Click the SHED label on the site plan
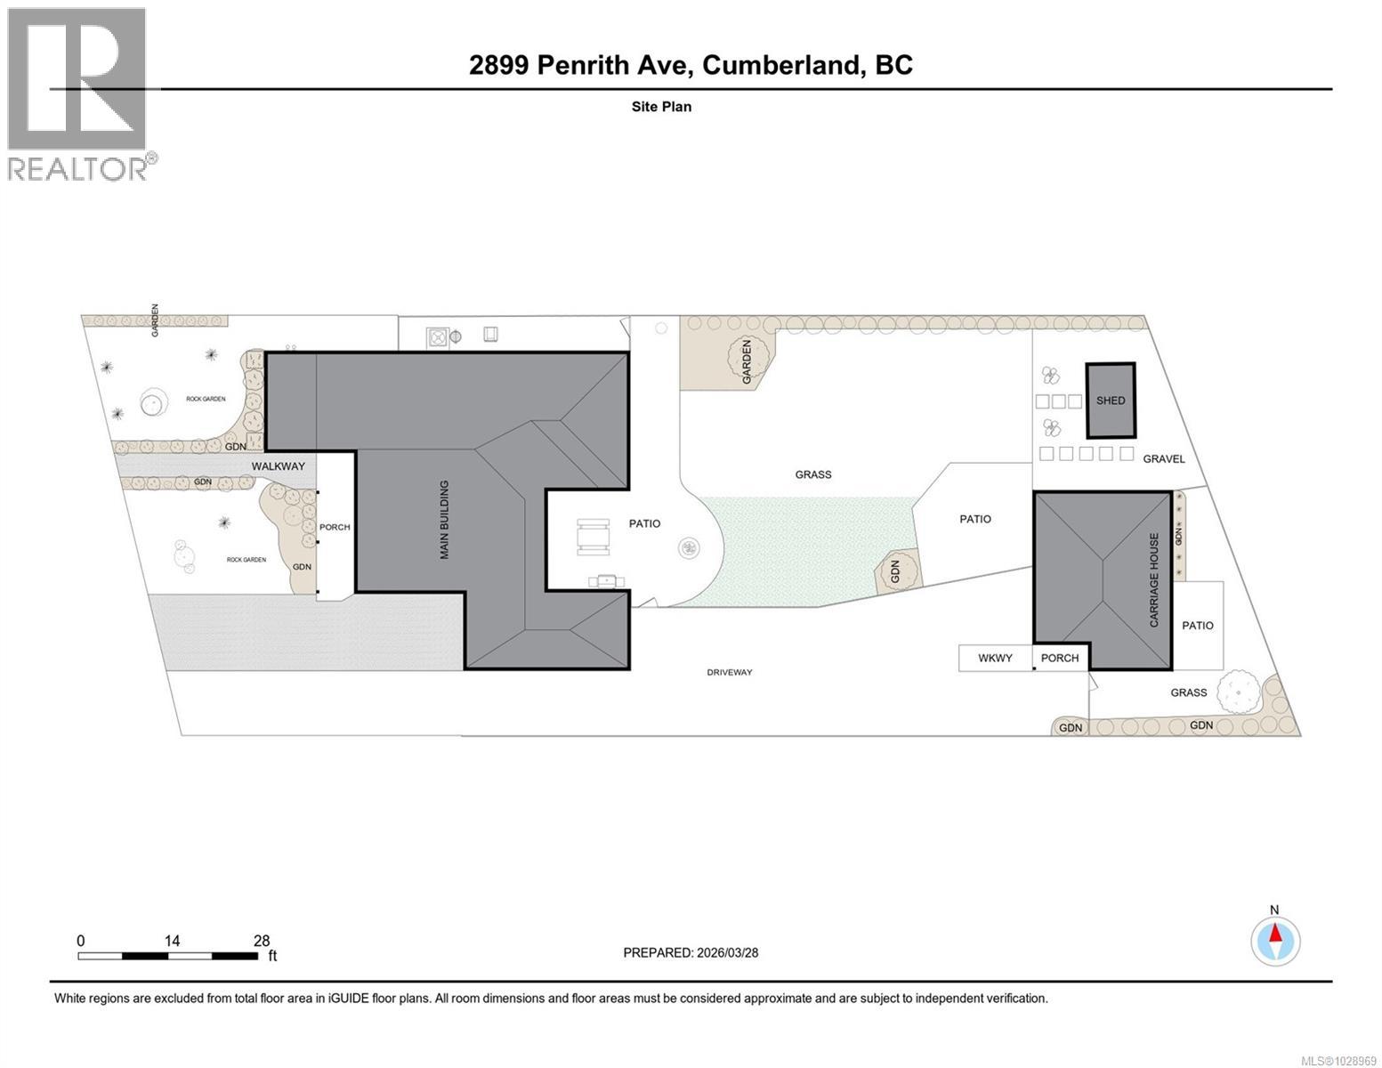coord(1110,400)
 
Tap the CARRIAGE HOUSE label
coord(1154,580)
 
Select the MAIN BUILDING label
coord(444,520)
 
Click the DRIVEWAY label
coord(730,672)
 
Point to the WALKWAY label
coord(278,466)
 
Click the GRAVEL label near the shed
coord(1164,459)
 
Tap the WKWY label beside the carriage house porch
coord(995,658)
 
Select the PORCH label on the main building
coord(335,527)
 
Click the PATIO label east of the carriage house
coord(1197,626)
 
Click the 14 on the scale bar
coord(172,941)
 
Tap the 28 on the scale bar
coord(262,941)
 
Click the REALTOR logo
coord(78,93)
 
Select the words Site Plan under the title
coord(661,107)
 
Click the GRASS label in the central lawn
coord(812,474)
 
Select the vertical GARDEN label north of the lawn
coord(748,361)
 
